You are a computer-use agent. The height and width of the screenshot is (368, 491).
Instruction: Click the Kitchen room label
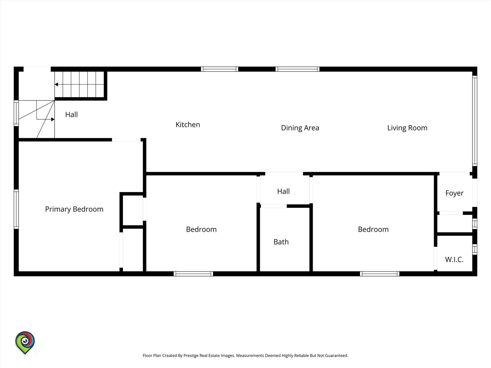pos(188,125)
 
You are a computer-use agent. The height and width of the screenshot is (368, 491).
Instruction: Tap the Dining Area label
pos(300,128)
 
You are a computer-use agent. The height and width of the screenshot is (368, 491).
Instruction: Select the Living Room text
pos(407,128)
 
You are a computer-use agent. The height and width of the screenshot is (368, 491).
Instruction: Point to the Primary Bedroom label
pos(74,209)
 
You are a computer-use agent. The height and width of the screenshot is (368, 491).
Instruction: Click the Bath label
pos(281,242)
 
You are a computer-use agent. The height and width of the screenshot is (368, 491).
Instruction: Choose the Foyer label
pos(454,193)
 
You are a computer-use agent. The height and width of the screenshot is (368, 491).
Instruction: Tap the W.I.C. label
pos(454,260)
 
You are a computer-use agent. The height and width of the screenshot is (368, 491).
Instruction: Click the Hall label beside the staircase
pos(71,114)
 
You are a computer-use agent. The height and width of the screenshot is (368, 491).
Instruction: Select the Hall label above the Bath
pos(283,191)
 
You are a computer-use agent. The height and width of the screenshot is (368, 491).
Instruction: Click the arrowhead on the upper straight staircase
pos(56,85)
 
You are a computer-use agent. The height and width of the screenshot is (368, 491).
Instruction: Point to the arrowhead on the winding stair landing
pos(53,119)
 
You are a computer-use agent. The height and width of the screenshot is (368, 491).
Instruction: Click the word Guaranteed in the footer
pos(337,355)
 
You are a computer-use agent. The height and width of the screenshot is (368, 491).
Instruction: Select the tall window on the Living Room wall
pos(474,121)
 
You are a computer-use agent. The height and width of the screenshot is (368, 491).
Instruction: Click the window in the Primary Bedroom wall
pos(16,209)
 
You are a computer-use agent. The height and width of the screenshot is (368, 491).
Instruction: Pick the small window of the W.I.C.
pos(474,249)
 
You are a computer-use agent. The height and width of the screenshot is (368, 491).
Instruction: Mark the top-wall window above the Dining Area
pos(297,69)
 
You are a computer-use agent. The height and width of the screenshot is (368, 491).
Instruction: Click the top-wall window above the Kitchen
pos(219,69)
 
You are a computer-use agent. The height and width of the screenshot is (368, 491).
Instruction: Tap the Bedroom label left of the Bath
pos(201,229)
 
